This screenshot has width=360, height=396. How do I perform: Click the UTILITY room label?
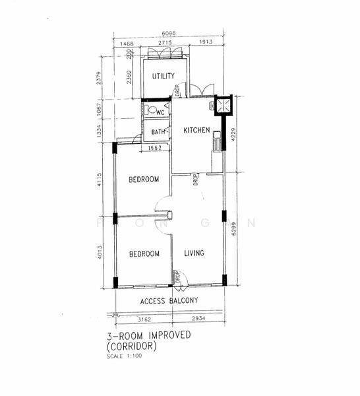[163, 76]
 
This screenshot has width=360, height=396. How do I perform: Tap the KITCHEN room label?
[196, 129]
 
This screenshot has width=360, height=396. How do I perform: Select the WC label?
[160, 113]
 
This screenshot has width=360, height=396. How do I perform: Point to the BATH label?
[158, 132]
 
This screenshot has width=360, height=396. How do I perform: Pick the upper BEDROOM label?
[143, 180]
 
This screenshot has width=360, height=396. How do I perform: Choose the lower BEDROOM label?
[144, 253]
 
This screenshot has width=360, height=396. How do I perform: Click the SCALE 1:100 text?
[123, 357]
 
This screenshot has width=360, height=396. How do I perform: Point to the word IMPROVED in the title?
[168, 335]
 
